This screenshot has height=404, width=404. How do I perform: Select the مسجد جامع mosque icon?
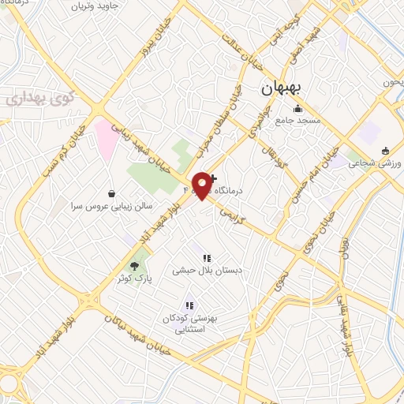(297, 109)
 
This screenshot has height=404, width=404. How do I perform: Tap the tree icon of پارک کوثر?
(136, 266)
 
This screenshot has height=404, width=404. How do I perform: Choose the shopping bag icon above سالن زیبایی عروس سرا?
(111, 193)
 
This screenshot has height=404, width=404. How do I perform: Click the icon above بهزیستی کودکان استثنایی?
(189, 305)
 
